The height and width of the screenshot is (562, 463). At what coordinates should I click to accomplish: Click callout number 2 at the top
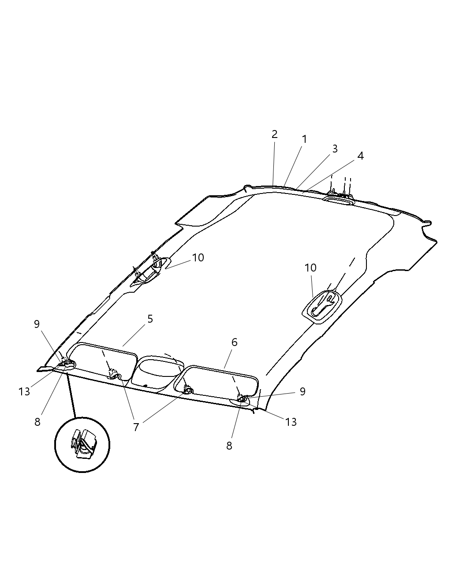274,134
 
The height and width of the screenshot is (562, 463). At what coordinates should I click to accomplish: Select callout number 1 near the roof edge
304,139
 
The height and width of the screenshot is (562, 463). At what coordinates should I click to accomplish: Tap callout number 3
335,149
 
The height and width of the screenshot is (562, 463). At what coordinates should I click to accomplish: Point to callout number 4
360,156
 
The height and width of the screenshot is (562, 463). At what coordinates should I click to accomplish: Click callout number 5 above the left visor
150,319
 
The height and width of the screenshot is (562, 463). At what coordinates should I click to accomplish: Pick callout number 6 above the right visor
234,342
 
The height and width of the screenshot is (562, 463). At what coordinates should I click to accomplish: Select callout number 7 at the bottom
136,427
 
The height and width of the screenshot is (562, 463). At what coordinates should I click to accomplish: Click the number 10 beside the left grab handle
198,257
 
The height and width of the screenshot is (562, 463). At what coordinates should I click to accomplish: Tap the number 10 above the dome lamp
310,268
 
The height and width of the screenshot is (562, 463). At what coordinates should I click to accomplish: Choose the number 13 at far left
24,391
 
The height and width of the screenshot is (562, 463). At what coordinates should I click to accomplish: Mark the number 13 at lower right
291,422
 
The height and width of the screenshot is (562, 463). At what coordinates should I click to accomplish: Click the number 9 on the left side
37,324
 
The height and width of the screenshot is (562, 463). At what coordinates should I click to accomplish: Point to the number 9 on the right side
302,391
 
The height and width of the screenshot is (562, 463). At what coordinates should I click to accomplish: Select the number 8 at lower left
37,422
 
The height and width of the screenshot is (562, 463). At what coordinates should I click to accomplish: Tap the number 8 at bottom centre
229,446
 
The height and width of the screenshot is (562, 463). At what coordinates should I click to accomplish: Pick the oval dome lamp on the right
322,307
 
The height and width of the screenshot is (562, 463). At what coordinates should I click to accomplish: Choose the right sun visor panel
216,383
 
